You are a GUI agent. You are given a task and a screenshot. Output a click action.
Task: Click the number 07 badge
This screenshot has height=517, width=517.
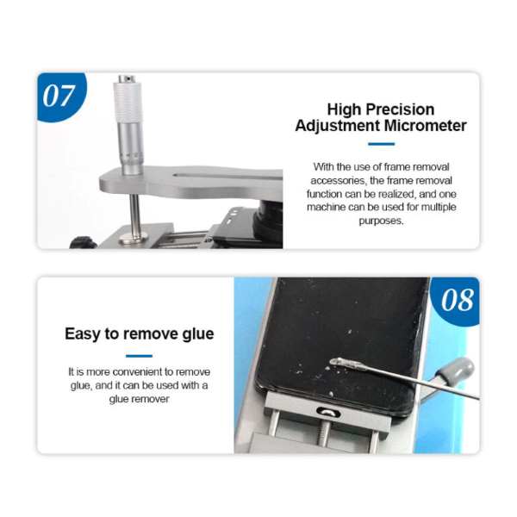pos(60,96)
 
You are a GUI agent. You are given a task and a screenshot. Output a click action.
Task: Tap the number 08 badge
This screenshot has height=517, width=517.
pos(456,301)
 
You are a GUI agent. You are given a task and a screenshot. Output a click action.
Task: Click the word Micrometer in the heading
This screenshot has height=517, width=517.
pos(426,126)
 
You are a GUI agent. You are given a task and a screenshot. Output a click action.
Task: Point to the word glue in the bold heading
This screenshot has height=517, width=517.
pos(198,334)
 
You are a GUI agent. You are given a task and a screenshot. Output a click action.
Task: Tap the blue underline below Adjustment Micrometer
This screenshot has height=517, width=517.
pos(381,144)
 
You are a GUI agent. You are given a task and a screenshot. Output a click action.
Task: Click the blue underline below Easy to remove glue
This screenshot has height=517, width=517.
pos(139,356)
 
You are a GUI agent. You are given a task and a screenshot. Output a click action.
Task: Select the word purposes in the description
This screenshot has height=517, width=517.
pos(380,221)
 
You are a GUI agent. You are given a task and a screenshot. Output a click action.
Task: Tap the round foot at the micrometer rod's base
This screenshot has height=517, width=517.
pos(134,237)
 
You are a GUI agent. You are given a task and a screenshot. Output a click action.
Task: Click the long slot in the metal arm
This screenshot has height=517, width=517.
pos(227,177)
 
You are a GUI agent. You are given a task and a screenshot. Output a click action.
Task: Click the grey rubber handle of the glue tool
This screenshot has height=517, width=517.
pos(457,371)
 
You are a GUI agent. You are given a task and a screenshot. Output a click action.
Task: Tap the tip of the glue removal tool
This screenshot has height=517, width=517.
pos(332,362)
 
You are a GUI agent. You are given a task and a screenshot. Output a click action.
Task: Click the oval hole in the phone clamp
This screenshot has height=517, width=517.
pos(328,412)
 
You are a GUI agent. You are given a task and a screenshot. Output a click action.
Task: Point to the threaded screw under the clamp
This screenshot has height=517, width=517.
pos(325,433)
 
